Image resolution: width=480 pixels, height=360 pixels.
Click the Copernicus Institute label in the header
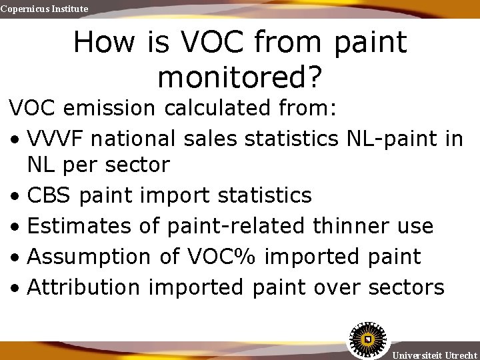pos(44,9)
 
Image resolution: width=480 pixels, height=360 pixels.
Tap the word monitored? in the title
pos(239,77)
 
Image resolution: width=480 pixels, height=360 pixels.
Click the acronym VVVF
pos(59,139)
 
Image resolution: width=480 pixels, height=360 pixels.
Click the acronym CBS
pos(49,195)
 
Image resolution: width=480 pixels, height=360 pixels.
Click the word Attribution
pos(84,287)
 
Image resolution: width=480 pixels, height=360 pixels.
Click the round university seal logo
pos(367,339)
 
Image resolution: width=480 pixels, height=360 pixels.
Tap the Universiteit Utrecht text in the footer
pos(435,355)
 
